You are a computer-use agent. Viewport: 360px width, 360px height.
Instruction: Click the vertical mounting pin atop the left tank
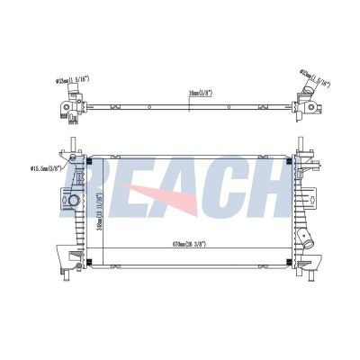coord(71,146)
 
